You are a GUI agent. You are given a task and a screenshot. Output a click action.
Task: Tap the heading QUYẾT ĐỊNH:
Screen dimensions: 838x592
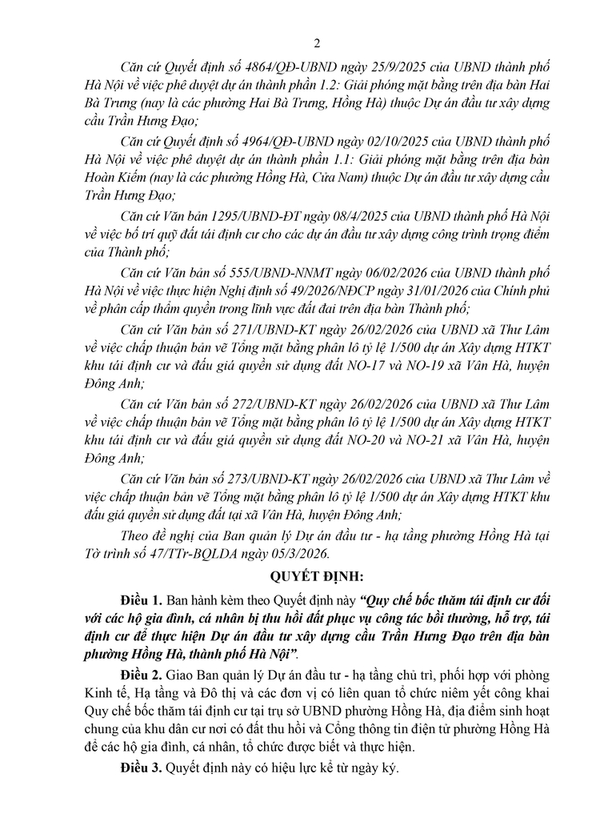pos(295,575)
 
